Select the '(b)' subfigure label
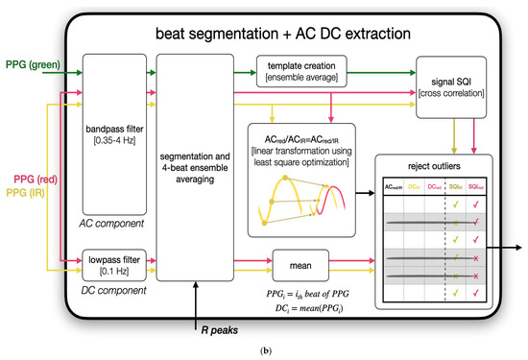(x=263, y=351)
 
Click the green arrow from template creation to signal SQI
(x=384, y=67)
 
